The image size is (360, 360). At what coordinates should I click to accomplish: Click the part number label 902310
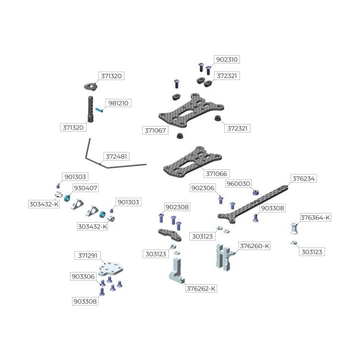tap(227, 59)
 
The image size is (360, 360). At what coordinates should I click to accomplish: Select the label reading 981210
tap(118, 103)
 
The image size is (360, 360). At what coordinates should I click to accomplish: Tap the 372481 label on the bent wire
tap(116, 156)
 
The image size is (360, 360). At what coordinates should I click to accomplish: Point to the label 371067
tap(155, 130)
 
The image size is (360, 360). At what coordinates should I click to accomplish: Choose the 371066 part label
tap(216, 173)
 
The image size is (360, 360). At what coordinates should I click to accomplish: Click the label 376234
tap(304, 178)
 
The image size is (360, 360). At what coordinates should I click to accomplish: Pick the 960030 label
tap(238, 183)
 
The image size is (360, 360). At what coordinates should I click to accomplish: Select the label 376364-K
tap(315, 217)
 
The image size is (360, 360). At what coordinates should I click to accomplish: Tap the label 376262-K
tap(201, 288)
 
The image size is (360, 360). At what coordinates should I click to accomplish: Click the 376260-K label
tap(254, 246)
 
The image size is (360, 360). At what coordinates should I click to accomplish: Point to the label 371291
tap(87, 255)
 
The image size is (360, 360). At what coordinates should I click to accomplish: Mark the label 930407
tap(85, 188)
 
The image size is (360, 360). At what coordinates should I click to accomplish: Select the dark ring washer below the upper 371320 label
tap(91, 87)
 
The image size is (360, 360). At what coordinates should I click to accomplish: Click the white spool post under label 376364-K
tap(294, 228)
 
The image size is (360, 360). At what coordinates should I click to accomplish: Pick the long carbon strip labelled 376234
tap(253, 204)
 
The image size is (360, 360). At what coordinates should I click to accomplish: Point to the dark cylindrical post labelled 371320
tap(90, 109)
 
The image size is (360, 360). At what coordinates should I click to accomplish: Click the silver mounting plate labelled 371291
tap(110, 268)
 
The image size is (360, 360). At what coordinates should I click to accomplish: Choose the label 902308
tap(177, 207)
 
